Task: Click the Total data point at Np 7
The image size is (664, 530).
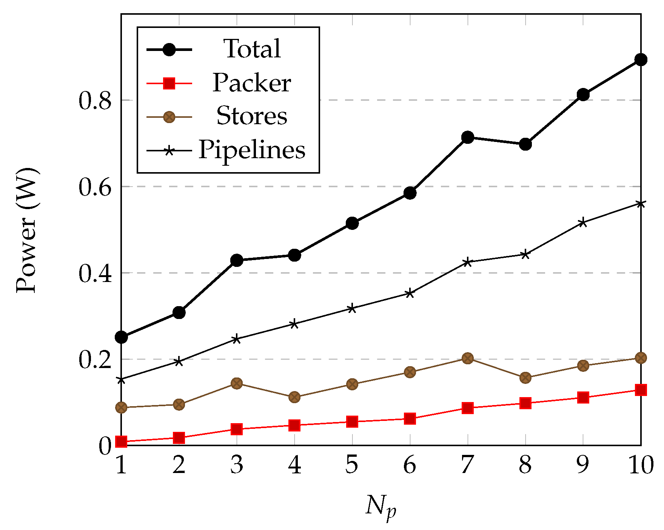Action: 467,137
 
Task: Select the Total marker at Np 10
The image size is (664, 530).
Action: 641,60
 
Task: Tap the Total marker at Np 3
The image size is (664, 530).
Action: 237,260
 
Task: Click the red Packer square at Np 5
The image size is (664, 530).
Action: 352,421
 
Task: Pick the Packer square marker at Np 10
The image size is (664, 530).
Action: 641,390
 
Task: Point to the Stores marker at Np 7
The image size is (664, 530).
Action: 467,358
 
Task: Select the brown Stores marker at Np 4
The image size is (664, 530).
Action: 294,397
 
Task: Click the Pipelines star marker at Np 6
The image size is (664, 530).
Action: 410,293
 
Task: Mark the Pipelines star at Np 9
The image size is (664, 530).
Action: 583,222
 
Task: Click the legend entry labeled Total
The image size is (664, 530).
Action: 252,49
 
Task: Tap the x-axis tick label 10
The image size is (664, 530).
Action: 641,465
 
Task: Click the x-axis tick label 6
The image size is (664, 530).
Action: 410,465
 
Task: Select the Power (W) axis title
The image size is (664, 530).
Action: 27,230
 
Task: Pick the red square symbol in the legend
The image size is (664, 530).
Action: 169,83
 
